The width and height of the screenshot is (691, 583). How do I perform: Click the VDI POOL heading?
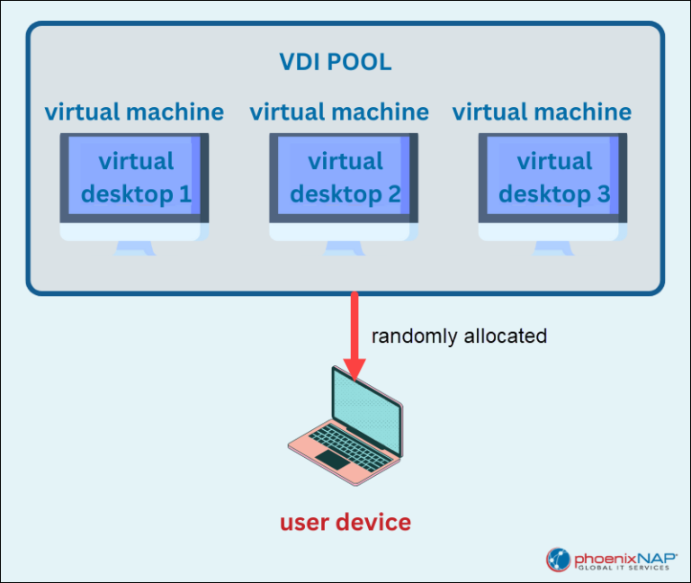coord(335,64)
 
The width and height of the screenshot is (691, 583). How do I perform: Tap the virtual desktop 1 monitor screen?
coord(135,177)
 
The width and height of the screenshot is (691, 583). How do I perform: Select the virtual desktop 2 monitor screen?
coord(344,177)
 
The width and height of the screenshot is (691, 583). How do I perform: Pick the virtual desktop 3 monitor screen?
coord(553,177)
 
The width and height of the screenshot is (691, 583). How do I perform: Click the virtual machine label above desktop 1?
coord(134,112)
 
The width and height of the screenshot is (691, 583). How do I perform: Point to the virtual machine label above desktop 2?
coord(339,112)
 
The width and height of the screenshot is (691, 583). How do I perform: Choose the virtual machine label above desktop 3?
coord(542,112)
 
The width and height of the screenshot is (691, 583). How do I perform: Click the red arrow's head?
coord(354,370)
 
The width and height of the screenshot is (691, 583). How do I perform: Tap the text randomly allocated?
coord(459,336)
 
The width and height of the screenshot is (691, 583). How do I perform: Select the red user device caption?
coord(345,522)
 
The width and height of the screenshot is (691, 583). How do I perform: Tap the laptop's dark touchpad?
coord(332,461)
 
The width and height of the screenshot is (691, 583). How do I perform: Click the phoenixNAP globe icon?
coord(559,560)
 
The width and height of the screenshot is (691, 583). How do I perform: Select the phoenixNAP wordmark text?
coord(624,554)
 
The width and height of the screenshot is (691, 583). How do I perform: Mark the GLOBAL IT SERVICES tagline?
coord(624,569)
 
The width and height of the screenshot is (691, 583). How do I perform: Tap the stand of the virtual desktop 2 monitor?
coord(344,247)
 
